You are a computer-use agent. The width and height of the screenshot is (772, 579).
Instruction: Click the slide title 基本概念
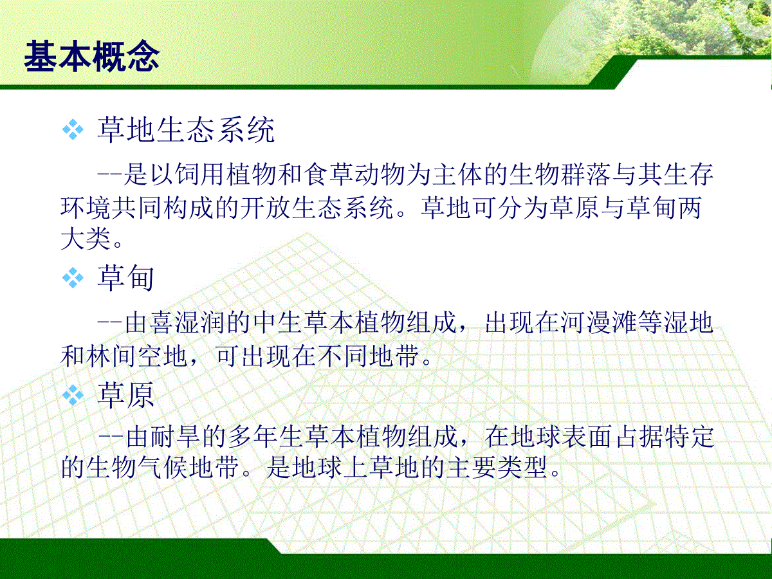tap(92, 56)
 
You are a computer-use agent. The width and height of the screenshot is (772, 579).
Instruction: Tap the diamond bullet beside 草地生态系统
tap(73, 130)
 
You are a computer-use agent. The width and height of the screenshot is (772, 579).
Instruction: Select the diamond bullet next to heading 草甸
tap(73, 278)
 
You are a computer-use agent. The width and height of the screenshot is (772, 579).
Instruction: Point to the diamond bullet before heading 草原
tap(73, 395)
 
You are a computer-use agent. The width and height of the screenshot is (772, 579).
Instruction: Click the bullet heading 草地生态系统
tap(186, 130)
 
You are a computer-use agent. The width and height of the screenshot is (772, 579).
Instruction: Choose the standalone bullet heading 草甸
tap(125, 278)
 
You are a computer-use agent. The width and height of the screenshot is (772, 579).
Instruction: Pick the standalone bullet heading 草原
tap(125, 395)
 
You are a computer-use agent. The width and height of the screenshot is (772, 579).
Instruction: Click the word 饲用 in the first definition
tap(200, 174)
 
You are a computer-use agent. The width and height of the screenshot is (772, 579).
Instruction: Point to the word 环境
tap(86, 207)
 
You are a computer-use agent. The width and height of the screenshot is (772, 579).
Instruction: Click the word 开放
tap(266, 207)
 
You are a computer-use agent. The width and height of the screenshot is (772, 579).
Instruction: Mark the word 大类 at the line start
tap(86, 238)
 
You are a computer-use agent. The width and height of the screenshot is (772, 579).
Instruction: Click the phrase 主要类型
tap(497, 468)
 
